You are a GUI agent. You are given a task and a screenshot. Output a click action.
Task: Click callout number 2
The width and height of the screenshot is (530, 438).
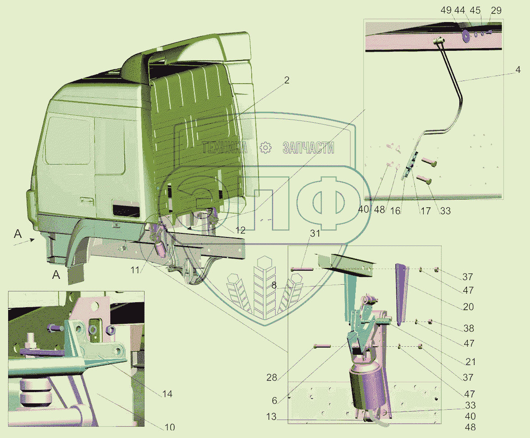point(287,80)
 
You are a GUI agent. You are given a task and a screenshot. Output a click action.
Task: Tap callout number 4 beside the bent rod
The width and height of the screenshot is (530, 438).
point(518,70)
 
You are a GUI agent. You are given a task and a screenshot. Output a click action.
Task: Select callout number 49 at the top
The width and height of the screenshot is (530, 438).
point(446,10)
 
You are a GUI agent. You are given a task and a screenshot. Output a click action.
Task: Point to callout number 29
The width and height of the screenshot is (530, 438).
point(496,10)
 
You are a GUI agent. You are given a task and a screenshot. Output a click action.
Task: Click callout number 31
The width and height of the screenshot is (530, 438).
point(315,233)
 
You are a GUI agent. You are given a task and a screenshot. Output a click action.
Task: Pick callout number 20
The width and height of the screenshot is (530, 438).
point(468,307)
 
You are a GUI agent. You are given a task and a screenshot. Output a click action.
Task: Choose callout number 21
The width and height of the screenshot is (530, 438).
point(470,362)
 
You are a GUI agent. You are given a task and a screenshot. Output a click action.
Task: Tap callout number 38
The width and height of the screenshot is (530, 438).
point(468,328)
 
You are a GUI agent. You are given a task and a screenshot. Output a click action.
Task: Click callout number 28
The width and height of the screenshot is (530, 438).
point(272,378)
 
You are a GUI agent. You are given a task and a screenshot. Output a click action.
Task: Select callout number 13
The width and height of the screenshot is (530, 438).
point(271,417)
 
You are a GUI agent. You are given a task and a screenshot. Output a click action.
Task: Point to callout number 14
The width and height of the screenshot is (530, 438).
point(167,394)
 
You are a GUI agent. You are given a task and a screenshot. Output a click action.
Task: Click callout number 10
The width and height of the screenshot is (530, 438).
point(170,427)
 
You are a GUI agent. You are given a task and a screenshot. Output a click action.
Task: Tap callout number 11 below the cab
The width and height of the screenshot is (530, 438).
point(135,270)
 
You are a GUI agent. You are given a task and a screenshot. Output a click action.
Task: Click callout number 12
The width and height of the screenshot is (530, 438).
point(240,231)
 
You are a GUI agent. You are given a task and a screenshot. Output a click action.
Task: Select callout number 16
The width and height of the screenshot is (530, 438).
point(395,211)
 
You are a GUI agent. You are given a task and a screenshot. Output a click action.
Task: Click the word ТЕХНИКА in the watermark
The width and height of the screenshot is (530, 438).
point(224,148)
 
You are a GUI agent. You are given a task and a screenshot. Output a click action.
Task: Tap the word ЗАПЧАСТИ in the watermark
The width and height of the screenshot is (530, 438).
point(308,148)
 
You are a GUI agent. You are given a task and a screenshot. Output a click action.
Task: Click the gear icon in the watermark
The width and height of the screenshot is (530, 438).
point(266,148)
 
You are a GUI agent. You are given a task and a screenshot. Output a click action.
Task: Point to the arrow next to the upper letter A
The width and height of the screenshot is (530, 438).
point(24,241)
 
